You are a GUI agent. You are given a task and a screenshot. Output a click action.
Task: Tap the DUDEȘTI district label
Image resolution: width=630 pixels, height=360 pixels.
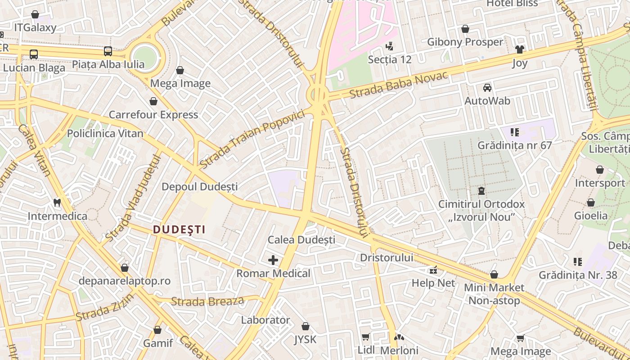coord(179,229)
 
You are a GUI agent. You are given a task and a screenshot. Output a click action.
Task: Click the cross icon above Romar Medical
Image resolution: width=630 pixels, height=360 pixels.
coord(273,260)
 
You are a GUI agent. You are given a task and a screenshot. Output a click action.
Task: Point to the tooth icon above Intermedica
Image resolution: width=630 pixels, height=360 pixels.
coord(57,203)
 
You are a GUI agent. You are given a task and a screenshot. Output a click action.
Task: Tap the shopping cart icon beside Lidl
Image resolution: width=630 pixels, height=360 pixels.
coord(366,337)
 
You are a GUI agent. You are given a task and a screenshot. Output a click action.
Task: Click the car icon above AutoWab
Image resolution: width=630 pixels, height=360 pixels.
coord(487,88)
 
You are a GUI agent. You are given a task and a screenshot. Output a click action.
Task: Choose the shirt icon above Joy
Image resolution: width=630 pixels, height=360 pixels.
coord(520,49)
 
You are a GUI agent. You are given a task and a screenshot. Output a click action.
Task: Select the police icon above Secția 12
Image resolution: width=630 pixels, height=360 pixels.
coord(390,46)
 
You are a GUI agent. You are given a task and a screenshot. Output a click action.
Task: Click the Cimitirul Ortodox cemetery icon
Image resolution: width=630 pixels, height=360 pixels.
coord(481,191)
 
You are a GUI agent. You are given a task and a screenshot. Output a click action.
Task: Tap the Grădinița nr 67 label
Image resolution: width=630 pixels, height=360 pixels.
coord(514,145)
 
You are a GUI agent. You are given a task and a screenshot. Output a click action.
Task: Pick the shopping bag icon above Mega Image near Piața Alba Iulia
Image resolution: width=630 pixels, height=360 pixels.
coord(180,70)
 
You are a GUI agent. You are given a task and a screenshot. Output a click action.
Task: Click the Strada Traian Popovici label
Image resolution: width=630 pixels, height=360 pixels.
coord(252,139)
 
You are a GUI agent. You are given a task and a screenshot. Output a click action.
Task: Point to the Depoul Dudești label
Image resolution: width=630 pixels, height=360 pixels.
coord(199,186)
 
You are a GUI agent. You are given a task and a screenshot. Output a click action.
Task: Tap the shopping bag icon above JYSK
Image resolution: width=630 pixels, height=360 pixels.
coord(306,326)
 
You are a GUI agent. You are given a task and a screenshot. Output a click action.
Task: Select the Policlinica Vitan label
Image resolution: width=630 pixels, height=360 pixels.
coord(105,133)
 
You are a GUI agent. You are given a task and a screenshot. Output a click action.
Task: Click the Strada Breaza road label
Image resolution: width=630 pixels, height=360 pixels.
coord(207,301)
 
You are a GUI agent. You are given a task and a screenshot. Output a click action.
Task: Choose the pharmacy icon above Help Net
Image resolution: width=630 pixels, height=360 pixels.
coord(433,270)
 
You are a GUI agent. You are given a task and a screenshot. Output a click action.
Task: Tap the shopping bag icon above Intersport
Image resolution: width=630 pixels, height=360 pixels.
coord(600,170)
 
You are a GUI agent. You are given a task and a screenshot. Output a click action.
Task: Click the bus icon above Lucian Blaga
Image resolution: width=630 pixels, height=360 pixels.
coord(34,54)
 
